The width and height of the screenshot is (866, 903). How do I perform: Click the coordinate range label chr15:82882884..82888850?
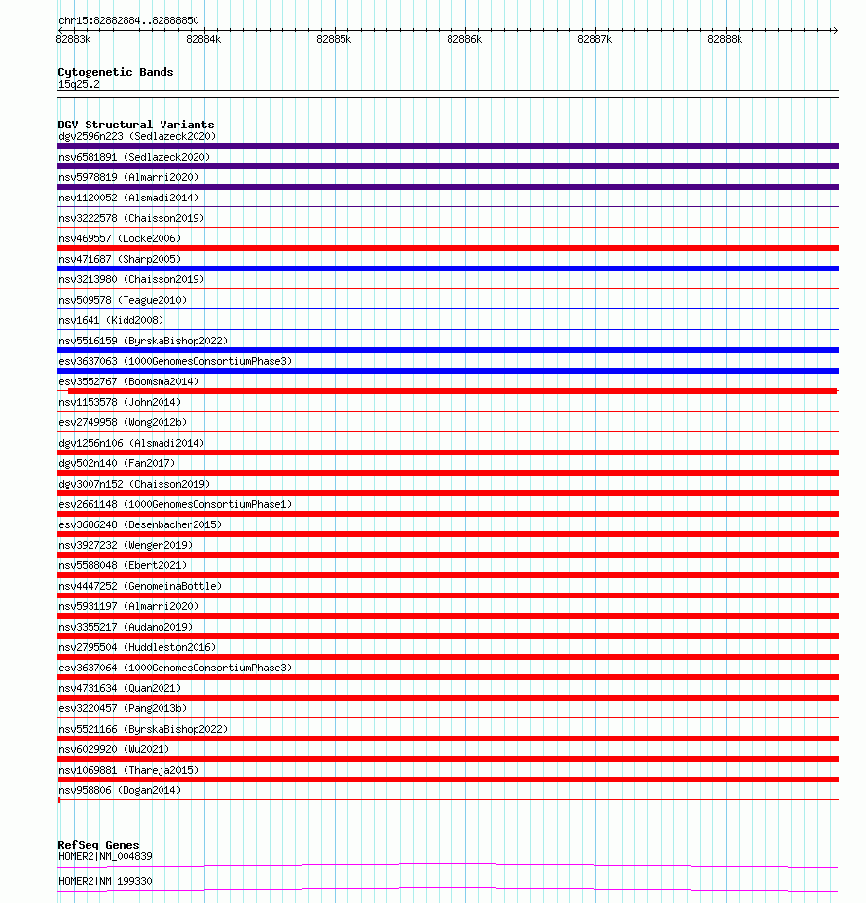tap(128, 20)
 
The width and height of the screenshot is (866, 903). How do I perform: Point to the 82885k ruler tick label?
tap(334, 40)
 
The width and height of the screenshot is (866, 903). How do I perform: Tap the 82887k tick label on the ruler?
tap(595, 40)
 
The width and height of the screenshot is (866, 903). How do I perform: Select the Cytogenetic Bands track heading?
tap(116, 72)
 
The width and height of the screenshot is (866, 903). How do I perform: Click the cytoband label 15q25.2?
tap(79, 84)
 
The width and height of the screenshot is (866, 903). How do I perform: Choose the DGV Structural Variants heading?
tap(136, 125)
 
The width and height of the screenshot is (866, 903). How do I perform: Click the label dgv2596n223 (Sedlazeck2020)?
tap(136, 136)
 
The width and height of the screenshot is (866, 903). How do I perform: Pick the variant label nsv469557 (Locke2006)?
tap(120, 238)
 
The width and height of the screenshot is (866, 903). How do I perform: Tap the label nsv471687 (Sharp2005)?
tap(120, 259)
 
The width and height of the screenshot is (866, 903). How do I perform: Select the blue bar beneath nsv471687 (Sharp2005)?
tap(448, 269)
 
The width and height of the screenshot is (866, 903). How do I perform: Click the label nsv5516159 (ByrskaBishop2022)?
tap(143, 341)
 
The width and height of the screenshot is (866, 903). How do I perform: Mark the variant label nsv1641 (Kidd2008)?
tap(111, 320)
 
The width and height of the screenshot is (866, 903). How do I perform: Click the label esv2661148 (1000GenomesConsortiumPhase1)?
tap(175, 504)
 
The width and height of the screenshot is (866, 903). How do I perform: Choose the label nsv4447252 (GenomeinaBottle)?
tap(140, 586)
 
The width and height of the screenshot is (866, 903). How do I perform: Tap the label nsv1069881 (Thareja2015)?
tap(128, 770)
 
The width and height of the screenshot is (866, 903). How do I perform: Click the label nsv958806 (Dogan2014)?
tap(120, 790)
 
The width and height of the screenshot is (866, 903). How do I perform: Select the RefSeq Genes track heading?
tap(98, 845)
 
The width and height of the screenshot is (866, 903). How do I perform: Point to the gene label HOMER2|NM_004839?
tap(105, 856)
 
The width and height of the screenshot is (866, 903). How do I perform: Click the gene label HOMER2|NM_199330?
tap(105, 881)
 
